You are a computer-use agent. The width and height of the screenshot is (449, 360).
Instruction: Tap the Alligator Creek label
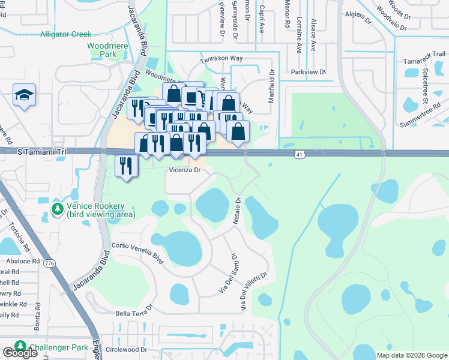tap(65, 34)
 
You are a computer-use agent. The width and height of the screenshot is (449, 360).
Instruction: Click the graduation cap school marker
tap(25, 95)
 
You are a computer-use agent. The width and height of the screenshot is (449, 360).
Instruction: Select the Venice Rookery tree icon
tap(58, 209)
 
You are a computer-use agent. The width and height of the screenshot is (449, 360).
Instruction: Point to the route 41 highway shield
tap(299, 155)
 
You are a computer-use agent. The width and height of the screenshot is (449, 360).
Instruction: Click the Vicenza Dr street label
tap(184, 170)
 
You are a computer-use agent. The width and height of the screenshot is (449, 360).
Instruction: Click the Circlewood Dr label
tap(126, 349)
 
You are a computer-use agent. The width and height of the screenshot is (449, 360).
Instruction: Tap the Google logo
tap(20, 353)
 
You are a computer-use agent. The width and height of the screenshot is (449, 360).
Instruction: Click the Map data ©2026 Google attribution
tap(411, 355)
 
